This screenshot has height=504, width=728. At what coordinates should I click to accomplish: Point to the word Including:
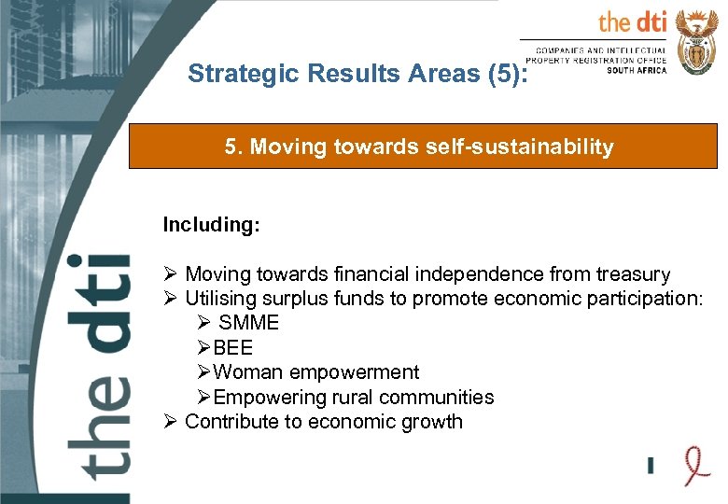(211, 225)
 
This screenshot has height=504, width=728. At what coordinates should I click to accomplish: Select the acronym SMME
(248, 323)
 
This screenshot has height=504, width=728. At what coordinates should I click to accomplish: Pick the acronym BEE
(233, 348)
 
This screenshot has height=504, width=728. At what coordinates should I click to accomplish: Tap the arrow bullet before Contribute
(169, 421)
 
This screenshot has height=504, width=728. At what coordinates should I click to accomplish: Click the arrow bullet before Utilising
(169, 299)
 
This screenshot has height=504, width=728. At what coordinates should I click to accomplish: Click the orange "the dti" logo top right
(632, 21)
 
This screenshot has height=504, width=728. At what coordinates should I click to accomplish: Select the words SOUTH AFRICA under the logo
(637, 70)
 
